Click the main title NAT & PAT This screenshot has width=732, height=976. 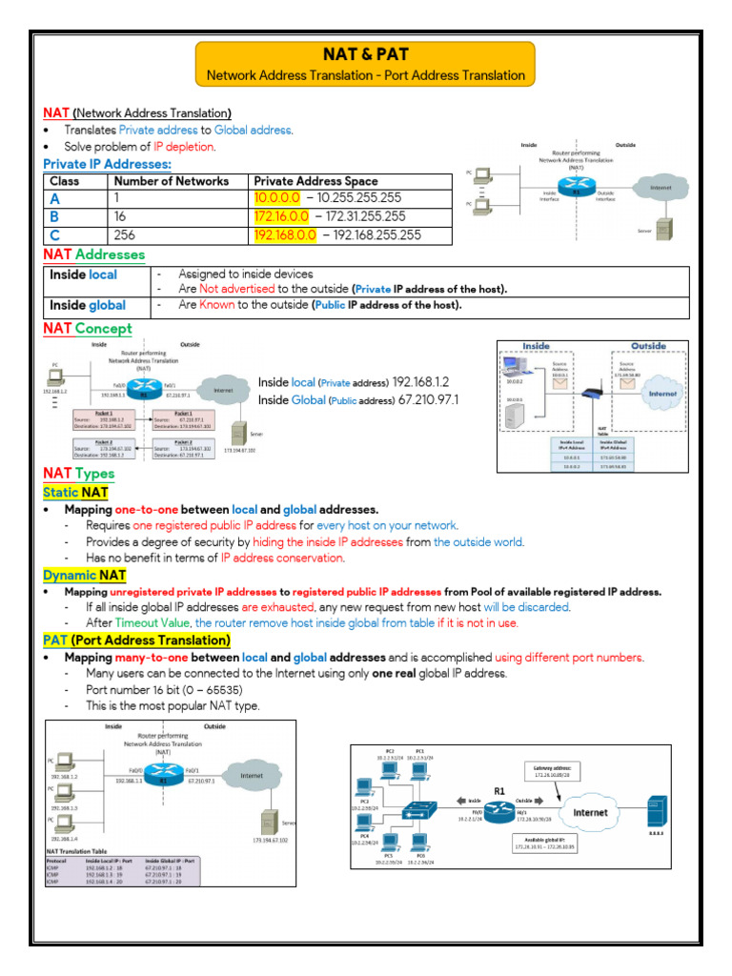pyautogui.click(x=366, y=54)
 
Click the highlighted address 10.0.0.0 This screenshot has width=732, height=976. pyautogui.click(x=276, y=198)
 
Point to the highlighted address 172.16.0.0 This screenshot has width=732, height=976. pyautogui.click(x=280, y=216)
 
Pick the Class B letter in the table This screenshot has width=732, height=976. pyautogui.click(x=54, y=216)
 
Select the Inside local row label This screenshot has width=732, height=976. pyautogui.click(x=84, y=274)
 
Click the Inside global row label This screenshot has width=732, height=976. pyautogui.click(x=87, y=306)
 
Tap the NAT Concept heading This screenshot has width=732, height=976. pyautogui.click(x=88, y=329)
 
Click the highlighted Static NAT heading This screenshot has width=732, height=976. pyautogui.click(x=75, y=493)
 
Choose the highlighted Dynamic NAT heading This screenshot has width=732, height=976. pyautogui.click(x=83, y=575)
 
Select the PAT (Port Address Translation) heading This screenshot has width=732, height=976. pyautogui.click(x=136, y=640)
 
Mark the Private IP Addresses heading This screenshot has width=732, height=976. pyautogui.click(x=107, y=164)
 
